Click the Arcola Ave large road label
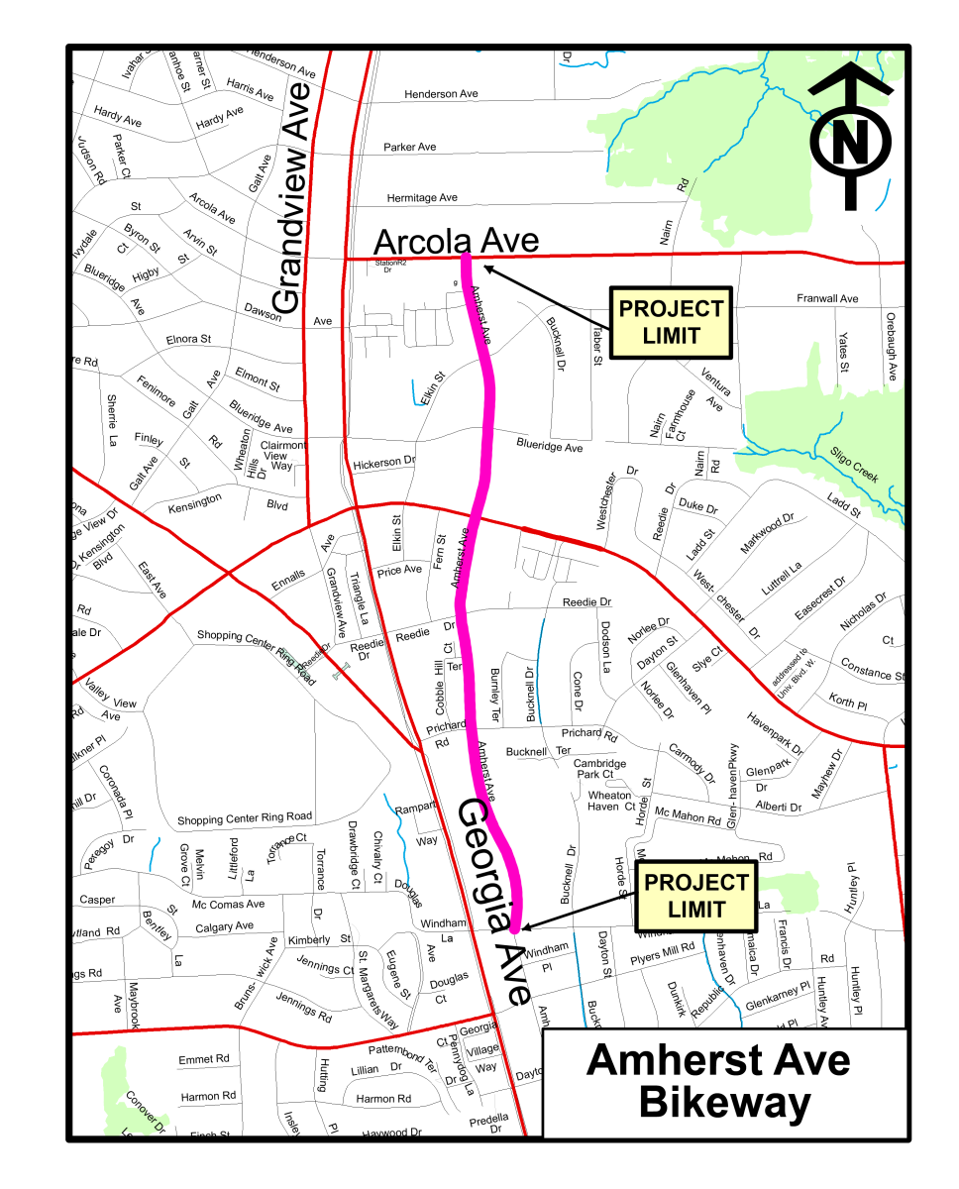tap(456, 241)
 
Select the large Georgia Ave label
tap(492, 904)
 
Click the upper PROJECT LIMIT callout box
tap(671, 322)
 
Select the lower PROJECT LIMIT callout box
tap(696, 896)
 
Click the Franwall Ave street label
tap(827, 298)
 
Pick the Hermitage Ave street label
tap(422, 198)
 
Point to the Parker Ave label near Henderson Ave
tap(409, 148)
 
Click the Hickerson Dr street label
tap(383, 463)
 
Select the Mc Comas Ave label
tap(228, 904)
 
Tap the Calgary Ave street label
tap(224, 926)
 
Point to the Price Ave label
tap(399, 570)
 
